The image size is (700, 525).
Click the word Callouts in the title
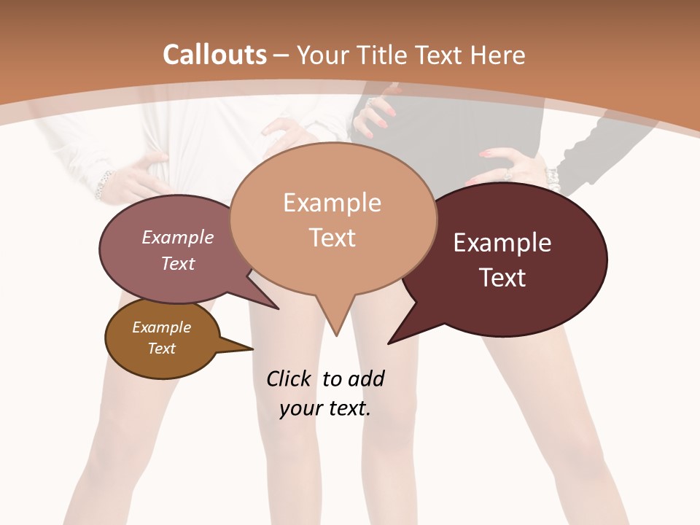point(214,55)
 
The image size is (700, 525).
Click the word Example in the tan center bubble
point(332,203)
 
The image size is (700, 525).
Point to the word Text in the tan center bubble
point(332,238)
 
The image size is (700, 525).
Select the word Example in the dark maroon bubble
point(502,243)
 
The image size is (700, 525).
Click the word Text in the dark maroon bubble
point(502,278)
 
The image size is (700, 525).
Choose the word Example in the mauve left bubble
point(178,237)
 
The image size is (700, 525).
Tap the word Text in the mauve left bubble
point(178,263)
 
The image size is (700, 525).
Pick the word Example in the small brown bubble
point(162,327)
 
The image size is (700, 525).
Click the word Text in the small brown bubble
point(162,349)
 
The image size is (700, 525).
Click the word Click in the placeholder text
point(288,378)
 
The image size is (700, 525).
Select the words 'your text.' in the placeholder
point(325,408)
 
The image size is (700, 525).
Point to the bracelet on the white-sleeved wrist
point(104,184)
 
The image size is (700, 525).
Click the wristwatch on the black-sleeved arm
point(552,177)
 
